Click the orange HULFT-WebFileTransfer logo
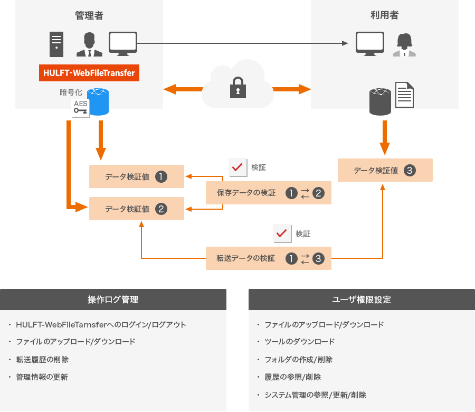[x=89, y=72]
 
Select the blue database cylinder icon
[x=98, y=102]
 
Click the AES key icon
[x=81, y=108]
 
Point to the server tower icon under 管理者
[x=56, y=44]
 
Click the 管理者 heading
[x=89, y=15]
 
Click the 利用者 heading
[x=385, y=15]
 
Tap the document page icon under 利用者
[x=404, y=95]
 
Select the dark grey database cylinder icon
[x=380, y=102]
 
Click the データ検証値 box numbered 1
[x=137, y=176]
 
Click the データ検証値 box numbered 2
[x=137, y=209]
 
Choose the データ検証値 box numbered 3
[x=385, y=170]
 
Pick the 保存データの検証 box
[x=269, y=193]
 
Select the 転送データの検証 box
[x=269, y=258]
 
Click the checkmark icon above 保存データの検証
[x=237, y=167]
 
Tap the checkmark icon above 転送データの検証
[x=282, y=233]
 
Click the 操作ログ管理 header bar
[x=113, y=299]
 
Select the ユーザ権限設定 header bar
[x=362, y=299]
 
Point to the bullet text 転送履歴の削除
[x=42, y=359]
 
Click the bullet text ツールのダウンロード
[x=299, y=341]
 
